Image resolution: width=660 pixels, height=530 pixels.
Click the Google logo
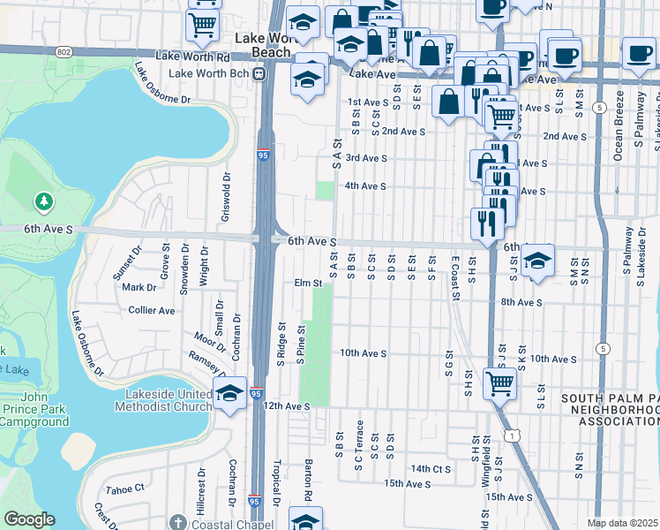(x=28, y=519)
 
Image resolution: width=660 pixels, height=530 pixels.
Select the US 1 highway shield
(x=511, y=435)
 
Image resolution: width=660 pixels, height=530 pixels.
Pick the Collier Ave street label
(x=152, y=311)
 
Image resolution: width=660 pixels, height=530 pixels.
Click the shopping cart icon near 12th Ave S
(x=499, y=383)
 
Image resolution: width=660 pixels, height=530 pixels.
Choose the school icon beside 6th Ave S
(x=536, y=261)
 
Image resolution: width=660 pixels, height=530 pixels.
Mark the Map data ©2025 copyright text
(x=622, y=523)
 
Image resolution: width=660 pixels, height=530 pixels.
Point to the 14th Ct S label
(x=431, y=468)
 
